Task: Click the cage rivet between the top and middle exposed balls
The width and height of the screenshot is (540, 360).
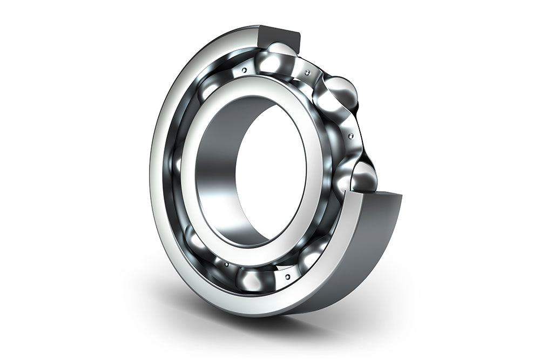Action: tap(307, 72)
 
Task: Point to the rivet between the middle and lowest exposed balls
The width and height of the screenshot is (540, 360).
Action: tap(352, 135)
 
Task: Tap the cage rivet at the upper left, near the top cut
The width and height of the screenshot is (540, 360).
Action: tap(245, 70)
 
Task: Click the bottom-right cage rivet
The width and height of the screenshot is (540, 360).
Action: tap(287, 276)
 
